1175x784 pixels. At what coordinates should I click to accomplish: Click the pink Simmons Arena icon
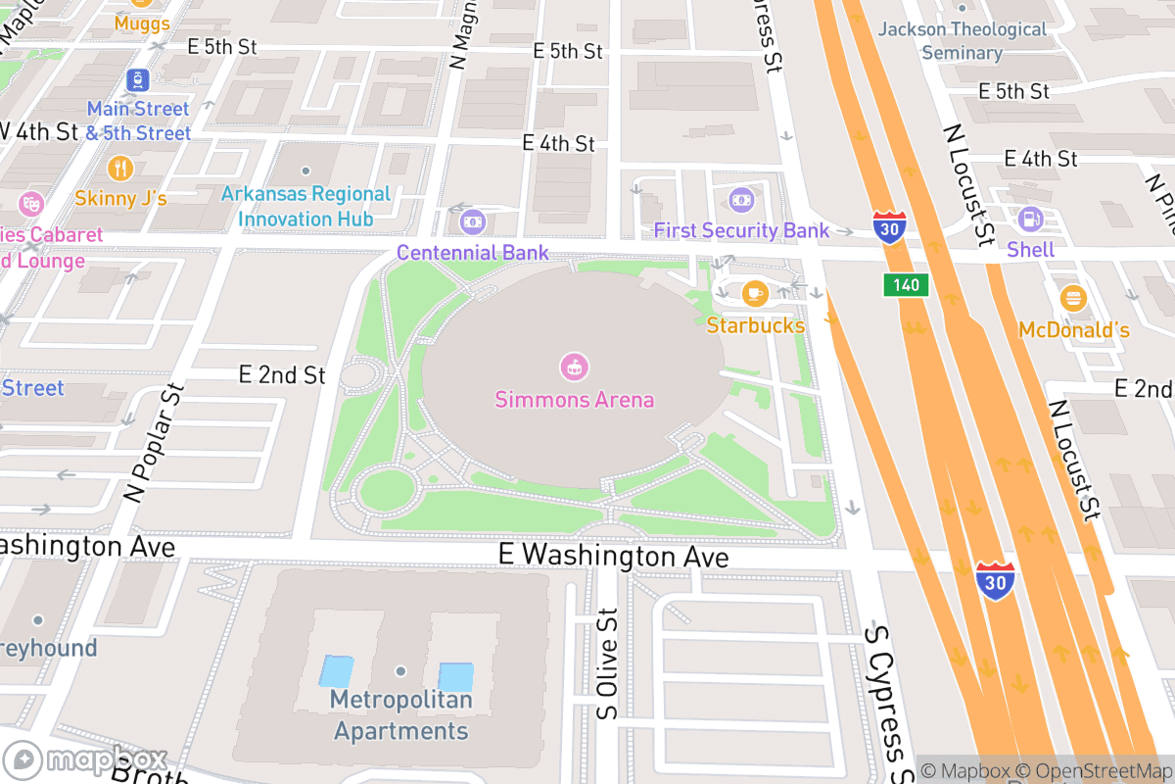[x=574, y=367]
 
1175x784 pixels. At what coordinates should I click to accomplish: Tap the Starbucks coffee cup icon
[x=754, y=292]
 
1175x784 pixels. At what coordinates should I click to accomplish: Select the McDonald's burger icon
[x=1073, y=298]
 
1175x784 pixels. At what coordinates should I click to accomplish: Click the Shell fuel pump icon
[x=1030, y=219]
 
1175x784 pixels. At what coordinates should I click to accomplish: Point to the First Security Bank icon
[x=741, y=200]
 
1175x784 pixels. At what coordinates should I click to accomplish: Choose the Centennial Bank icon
[x=473, y=222]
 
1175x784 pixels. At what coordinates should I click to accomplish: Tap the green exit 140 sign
[x=905, y=285]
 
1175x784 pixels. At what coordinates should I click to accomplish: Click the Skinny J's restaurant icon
[x=120, y=168]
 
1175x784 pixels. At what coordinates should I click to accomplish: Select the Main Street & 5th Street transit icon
[x=138, y=78]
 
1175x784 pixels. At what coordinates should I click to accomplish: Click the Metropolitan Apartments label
[x=400, y=715]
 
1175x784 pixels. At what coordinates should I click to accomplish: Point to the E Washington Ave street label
[x=613, y=556]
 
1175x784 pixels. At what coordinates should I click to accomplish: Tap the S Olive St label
[x=608, y=663]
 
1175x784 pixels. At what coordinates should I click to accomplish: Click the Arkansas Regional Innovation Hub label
[x=305, y=206]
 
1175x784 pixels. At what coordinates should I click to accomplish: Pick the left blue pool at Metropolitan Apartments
[x=337, y=671]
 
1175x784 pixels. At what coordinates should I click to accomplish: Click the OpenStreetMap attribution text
[x=1092, y=771]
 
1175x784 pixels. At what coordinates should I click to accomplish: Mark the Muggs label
[x=142, y=23]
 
